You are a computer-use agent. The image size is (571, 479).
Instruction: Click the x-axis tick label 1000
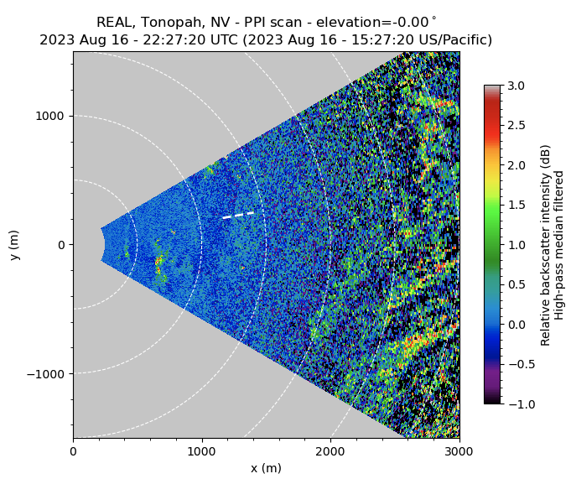[201, 451]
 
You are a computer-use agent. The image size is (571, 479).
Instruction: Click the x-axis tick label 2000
[330, 451]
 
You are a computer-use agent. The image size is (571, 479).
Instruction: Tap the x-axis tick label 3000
[459, 451]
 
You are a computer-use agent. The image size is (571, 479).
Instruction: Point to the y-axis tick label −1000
[49, 373]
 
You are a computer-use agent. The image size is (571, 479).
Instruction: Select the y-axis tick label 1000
[52, 116]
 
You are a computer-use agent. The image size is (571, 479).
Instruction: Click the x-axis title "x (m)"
[266, 468]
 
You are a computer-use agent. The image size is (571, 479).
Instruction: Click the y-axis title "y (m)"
[15, 245]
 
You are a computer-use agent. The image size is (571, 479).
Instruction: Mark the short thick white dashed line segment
[238, 216]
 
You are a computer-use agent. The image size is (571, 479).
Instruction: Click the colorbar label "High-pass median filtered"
[559, 245]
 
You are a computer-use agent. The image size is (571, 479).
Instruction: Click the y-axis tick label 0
[62, 245]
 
